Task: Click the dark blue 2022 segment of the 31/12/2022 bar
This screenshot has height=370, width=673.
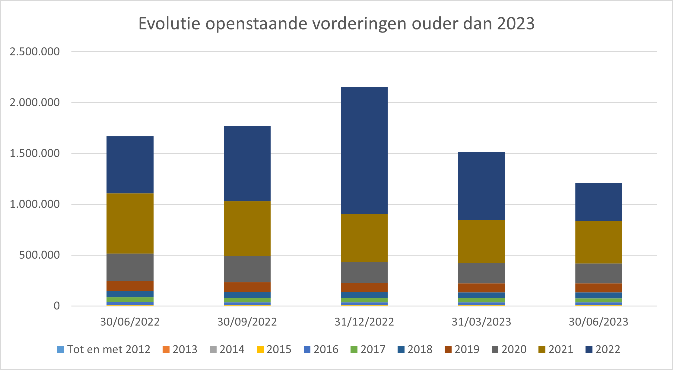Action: (364, 150)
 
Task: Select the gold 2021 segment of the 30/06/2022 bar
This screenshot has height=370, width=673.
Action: (130, 223)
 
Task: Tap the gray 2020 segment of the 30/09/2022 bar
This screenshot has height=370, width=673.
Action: (247, 269)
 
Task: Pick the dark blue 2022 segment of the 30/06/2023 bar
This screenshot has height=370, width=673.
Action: (598, 202)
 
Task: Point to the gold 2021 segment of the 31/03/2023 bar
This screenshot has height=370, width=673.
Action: (481, 241)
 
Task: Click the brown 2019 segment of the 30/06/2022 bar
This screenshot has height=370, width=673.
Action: (130, 286)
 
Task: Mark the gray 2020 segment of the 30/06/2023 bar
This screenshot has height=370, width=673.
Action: (598, 273)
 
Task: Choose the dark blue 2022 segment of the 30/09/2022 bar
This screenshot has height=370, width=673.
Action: (247, 163)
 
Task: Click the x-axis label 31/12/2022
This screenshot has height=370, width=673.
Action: (364, 322)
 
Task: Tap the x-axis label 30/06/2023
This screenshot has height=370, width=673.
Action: (598, 322)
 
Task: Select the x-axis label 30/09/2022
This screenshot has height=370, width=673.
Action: (247, 322)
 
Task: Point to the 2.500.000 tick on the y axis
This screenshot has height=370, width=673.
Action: (35, 51)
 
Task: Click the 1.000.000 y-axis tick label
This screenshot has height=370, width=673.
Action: (35, 204)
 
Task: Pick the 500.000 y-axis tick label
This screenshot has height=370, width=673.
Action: (40, 255)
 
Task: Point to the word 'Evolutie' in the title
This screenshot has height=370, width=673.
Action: (169, 23)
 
